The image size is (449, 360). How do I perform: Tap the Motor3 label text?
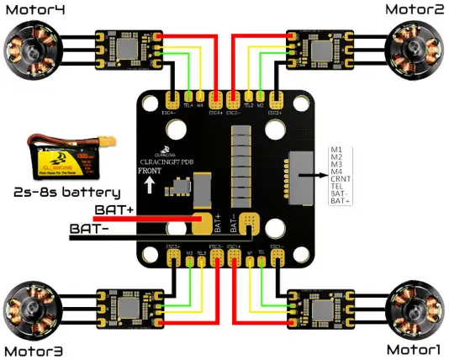click(34, 349)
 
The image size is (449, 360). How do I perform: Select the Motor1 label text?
click(415, 348)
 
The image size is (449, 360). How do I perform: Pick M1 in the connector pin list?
click(336, 149)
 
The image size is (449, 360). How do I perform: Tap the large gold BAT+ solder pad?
click(203, 222)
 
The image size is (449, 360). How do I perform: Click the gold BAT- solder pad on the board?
click(249, 223)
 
